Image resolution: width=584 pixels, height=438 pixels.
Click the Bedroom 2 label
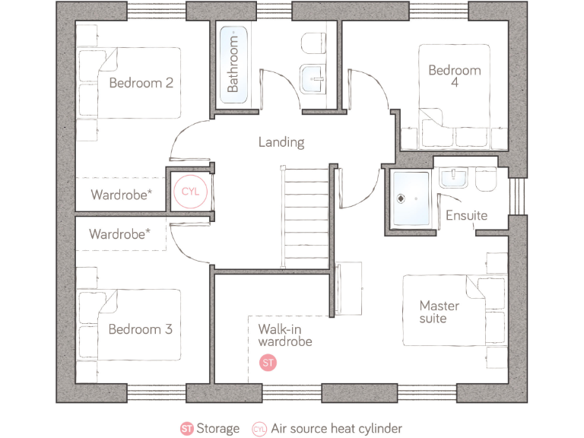tap(141, 83)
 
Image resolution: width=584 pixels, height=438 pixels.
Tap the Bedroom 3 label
tap(140, 329)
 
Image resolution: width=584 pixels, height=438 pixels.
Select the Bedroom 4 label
tap(455, 76)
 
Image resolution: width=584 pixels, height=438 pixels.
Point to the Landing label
tap(281, 142)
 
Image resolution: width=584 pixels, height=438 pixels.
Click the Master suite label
tap(439, 312)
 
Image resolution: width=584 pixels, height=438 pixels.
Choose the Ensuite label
tap(466, 215)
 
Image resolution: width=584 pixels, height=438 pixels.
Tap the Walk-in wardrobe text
tap(284, 335)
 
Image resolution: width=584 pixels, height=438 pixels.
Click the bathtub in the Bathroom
tap(233, 61)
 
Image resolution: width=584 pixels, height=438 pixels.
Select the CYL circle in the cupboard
tap(189, 192)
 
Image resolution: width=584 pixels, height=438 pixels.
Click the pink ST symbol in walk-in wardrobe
tap(268, 363)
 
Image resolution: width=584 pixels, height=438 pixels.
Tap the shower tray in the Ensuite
tap(411, 199)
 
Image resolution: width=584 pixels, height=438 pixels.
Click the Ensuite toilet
tap(484, 179)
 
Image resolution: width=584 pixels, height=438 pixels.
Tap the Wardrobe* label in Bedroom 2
tap(121, 195)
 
